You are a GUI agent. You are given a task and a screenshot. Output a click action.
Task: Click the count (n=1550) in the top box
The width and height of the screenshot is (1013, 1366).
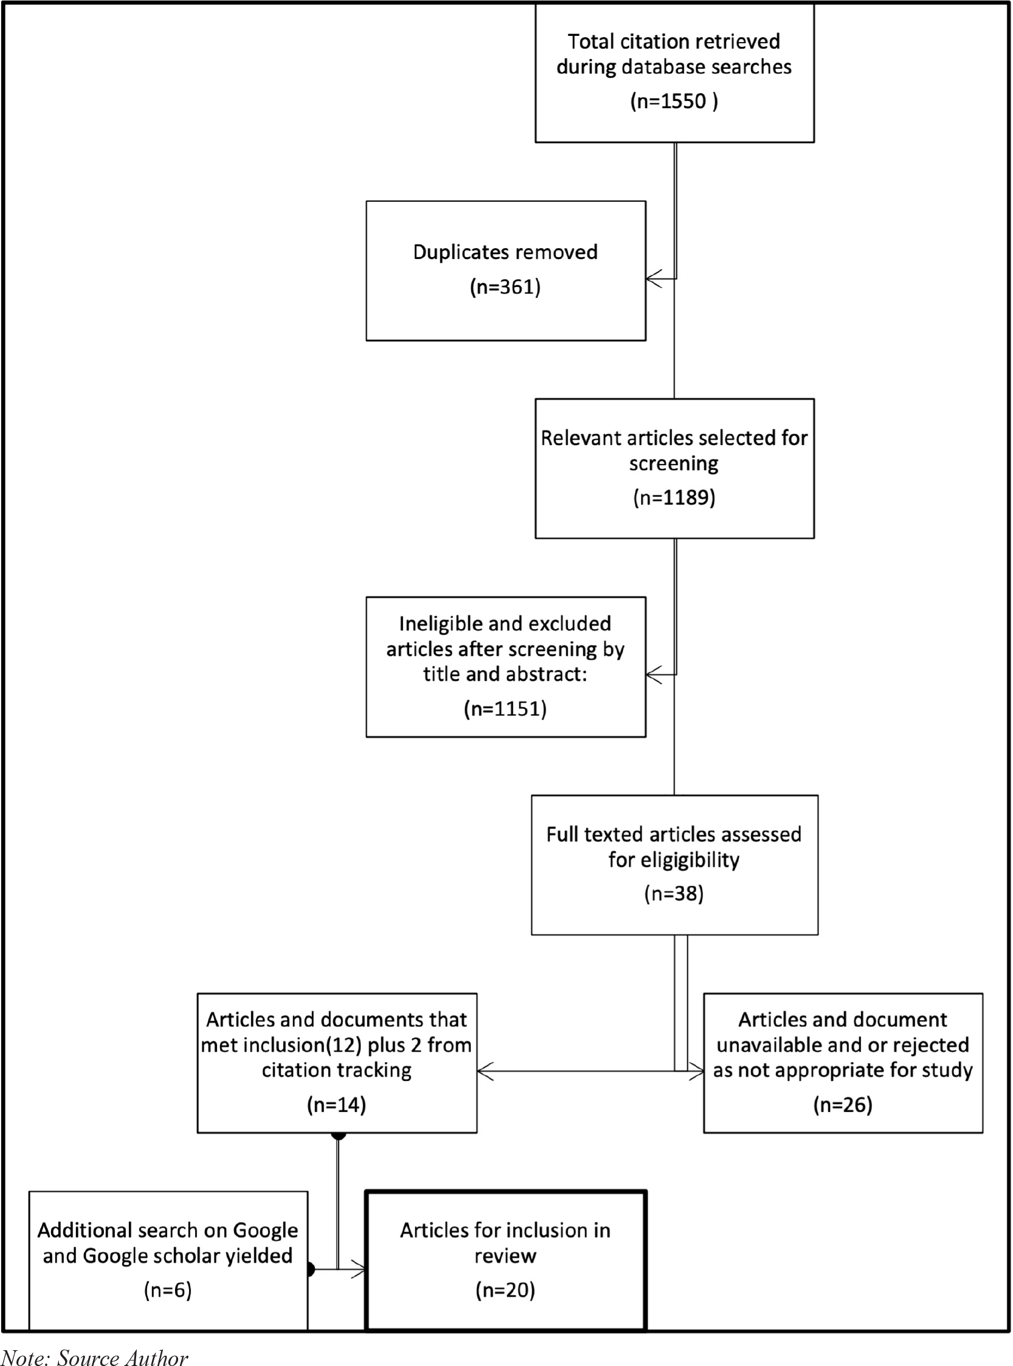pos(674,101)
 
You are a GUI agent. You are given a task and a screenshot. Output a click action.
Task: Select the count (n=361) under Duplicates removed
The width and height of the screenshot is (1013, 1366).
pos(505,287)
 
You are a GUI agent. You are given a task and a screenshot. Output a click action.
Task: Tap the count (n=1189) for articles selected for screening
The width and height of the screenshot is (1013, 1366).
pos(674,497)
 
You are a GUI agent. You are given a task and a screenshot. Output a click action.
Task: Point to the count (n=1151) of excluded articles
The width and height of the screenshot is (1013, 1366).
pos(505,709)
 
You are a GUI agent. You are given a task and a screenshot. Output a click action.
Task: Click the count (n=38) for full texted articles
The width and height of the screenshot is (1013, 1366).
pos(674,894)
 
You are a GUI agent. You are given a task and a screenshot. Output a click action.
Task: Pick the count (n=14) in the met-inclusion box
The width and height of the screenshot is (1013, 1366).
pos(337,1105)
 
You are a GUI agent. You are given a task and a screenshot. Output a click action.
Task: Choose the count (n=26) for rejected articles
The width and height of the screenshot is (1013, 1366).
pos(842,1105)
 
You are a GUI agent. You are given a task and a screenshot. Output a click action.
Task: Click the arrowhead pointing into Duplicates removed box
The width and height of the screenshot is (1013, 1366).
pos(654,279)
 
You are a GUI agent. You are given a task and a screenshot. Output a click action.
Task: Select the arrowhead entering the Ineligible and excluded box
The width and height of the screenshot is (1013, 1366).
pos(654,675)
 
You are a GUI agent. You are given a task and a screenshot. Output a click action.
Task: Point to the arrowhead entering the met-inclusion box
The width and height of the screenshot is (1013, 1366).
pos(485,1072)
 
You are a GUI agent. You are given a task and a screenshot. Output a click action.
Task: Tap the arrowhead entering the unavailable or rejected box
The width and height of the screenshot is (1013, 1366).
pos(696,1072)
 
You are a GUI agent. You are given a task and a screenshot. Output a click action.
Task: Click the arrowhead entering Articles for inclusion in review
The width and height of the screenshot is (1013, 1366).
pos(358,1270)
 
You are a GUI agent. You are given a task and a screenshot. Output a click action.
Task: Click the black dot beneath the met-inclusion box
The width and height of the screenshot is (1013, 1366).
pos(338,1136)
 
